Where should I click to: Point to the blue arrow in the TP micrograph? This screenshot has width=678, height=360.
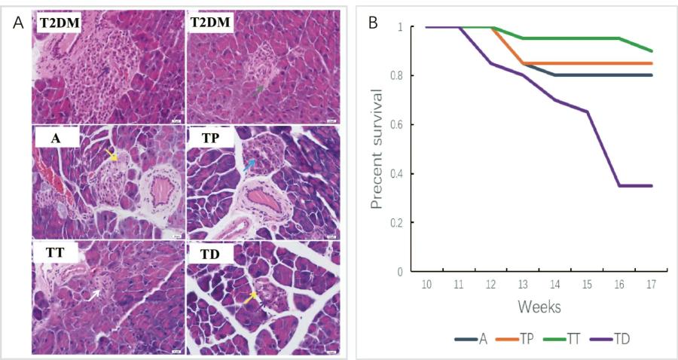248,164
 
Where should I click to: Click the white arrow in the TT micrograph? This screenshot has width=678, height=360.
95,294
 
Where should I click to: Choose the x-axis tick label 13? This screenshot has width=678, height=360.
522,286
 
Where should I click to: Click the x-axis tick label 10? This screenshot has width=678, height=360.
426,286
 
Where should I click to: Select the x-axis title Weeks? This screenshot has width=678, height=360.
538,307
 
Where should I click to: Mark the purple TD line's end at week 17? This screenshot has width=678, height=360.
652,185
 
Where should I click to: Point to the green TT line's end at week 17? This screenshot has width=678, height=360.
652,51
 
